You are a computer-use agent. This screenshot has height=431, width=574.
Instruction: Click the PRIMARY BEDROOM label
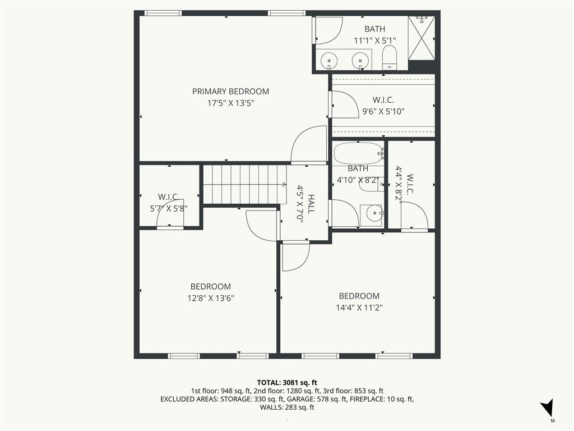230,91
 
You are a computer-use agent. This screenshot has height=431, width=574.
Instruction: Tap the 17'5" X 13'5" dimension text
230,103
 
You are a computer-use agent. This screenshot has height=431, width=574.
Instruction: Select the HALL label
311,204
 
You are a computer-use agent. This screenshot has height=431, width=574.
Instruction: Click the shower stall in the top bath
422,38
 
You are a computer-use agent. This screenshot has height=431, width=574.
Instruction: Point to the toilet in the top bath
389,58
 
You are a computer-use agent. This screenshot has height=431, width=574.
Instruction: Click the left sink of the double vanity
330,61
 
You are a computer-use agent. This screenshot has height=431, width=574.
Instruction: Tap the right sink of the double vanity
360,61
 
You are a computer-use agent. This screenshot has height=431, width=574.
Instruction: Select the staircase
245,184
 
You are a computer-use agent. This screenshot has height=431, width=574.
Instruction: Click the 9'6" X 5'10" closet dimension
383,112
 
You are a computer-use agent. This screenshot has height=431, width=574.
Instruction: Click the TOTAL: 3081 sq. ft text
287,383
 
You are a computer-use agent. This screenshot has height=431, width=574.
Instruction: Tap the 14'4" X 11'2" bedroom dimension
359,308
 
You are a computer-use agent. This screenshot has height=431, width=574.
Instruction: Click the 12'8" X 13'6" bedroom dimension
211,298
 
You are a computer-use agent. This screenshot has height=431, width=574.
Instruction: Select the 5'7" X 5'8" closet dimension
169,209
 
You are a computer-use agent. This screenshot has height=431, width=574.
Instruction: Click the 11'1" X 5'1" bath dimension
375,40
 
